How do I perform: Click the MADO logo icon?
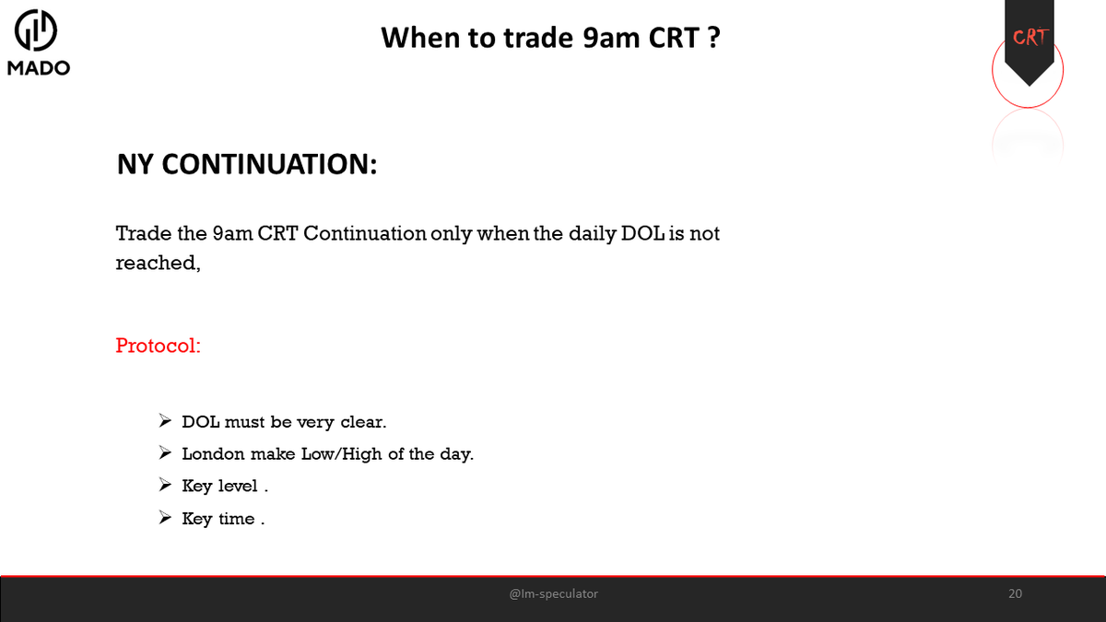37,31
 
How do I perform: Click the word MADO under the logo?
39,68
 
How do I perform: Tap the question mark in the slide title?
713,39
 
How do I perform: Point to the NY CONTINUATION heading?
246,164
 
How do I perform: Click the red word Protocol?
158,346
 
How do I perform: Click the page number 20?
1015,593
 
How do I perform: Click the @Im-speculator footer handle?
553,593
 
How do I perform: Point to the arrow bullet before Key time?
165,518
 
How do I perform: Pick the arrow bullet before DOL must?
165,421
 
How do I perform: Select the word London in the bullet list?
213,453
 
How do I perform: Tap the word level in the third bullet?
238,486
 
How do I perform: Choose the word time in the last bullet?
236,518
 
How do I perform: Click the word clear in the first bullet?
362,421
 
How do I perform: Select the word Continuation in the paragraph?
364,233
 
